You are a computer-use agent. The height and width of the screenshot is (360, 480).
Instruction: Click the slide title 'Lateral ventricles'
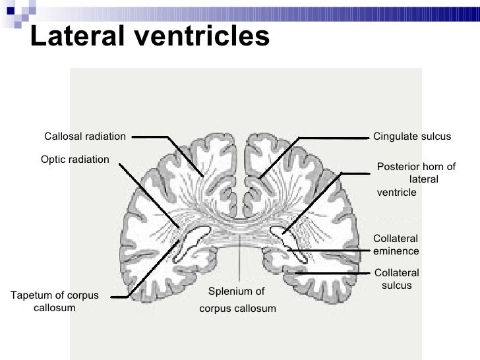pos(150,37)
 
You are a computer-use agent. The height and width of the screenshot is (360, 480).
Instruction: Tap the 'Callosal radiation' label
pos(84,136)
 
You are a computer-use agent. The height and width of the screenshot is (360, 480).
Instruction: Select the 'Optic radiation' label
pos(75,160)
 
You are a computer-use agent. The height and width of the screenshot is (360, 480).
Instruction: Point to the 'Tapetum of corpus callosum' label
pos(55,301)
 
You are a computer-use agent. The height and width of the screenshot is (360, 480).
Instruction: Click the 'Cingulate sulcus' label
pos(412,136)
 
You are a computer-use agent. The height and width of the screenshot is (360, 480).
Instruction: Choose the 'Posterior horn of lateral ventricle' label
pos(415,179)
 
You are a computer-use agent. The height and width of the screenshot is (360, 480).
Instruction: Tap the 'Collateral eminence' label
pos(396,245)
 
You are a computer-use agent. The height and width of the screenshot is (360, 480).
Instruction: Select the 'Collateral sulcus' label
pos(396,279)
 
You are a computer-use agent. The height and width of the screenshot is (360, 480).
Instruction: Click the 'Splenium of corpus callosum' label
pos(237,299)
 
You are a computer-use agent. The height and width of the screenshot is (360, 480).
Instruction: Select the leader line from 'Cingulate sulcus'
pos(330,138)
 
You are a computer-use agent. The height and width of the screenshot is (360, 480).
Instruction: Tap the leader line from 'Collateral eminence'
pos(330,251)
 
